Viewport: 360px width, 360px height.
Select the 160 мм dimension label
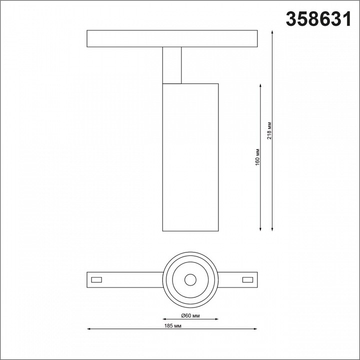257,156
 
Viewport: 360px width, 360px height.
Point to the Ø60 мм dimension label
190,315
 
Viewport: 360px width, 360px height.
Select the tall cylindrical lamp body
190,157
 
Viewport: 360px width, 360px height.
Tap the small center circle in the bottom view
190,279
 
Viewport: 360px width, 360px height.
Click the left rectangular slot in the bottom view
97,279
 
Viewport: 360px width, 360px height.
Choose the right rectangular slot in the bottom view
247,279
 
